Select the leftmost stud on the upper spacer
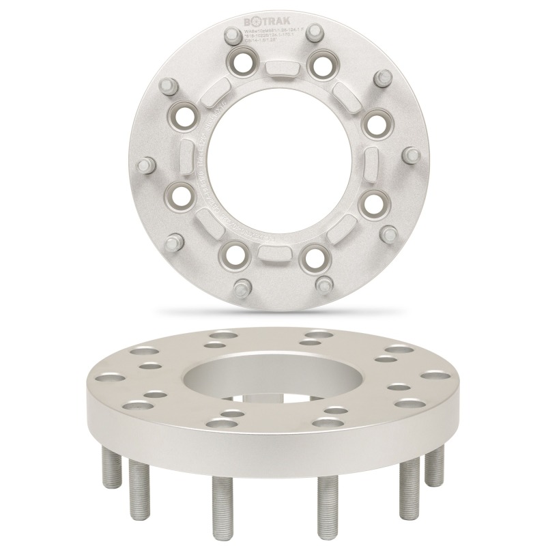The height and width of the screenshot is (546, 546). (145, 167)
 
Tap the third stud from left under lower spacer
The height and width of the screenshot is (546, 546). (218, 504)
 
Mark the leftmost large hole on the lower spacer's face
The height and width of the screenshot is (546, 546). (109, 377)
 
